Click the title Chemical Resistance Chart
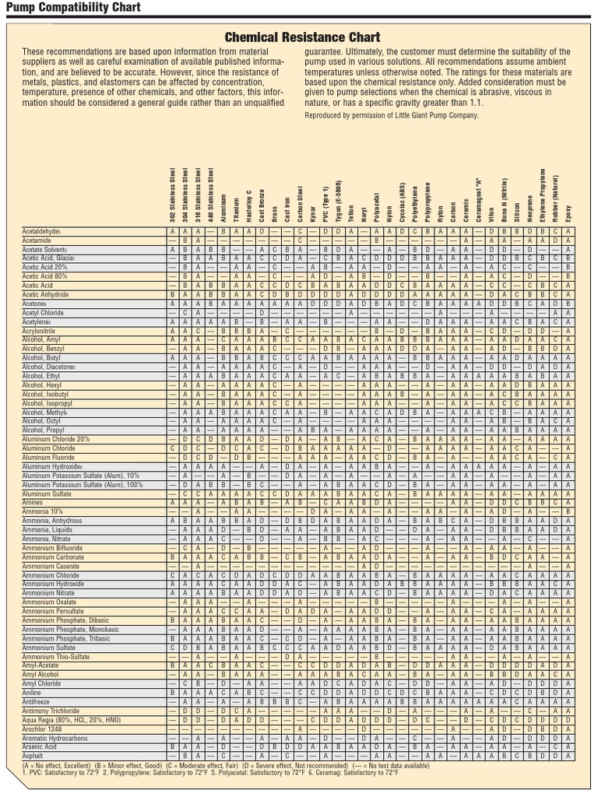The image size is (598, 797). pos(303,37)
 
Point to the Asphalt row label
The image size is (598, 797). pos(33,756)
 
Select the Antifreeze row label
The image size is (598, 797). pos(37,702)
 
